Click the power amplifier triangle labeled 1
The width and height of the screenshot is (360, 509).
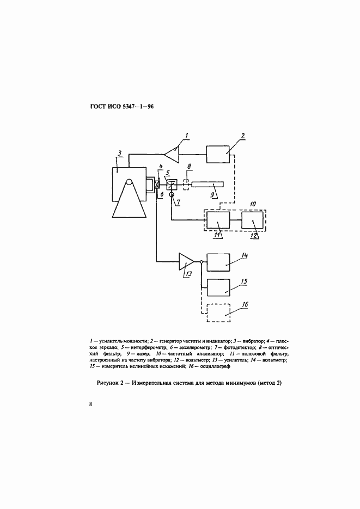172,153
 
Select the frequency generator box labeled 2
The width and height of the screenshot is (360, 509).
218,154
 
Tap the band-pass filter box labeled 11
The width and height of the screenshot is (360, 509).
218,220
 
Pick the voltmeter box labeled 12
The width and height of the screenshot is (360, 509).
253,220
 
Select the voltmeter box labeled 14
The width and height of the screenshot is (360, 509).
218,262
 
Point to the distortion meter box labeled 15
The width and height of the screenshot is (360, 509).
218,287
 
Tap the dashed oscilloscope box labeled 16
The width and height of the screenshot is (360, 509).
218,312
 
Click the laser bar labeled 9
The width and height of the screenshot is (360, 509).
208,185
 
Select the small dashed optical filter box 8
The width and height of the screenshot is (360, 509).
186,185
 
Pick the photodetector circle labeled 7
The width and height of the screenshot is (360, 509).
171,194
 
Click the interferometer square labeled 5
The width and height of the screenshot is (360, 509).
171,185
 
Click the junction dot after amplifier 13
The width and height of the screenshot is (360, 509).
202,262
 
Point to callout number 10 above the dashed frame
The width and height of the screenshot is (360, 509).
252,204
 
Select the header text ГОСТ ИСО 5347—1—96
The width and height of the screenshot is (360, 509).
122,107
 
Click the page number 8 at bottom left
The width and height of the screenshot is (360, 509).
90,404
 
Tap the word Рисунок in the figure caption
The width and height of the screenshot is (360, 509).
107,383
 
